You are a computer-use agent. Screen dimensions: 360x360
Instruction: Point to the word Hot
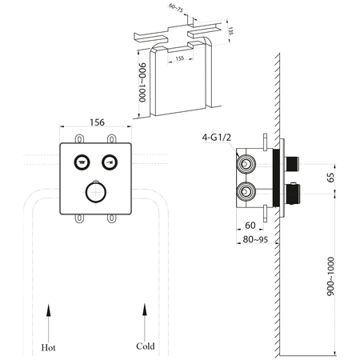pos(50,348)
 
